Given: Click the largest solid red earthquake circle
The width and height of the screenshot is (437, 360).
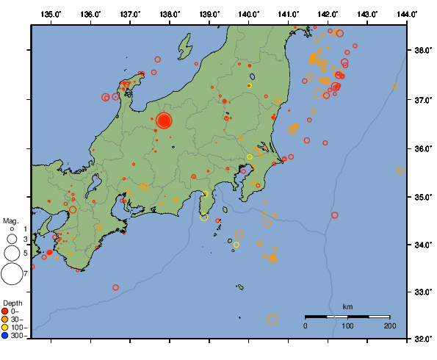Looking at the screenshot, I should (164, 120).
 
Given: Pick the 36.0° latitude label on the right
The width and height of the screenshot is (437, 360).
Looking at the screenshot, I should (422, 148).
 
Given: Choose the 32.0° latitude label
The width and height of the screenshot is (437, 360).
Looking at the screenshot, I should (422, 339).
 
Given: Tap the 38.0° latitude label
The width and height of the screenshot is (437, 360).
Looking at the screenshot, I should (422, 51).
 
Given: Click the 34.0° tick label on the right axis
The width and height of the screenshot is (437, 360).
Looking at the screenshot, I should (422, 245).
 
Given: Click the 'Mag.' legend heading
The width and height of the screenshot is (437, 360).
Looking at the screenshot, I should (10, 220).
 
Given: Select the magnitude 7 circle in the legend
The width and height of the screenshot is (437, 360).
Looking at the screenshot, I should (12, 274).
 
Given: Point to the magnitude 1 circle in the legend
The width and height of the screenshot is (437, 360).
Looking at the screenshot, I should (12, 230).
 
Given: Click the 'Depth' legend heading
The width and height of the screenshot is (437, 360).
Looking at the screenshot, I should (12, 303).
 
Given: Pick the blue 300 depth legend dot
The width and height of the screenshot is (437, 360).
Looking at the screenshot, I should (6, 336).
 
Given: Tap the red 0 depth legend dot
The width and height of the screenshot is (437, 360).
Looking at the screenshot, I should (6, 311).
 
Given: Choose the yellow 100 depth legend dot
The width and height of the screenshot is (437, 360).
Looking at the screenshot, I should (6, 327).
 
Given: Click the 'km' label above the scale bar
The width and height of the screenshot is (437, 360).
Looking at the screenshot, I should (347, 306).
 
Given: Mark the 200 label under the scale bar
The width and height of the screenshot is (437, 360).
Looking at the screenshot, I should (389, 325).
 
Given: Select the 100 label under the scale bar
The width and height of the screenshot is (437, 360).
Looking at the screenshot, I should (347, 325).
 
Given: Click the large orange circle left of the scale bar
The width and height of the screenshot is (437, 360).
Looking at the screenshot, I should (272, 319).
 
